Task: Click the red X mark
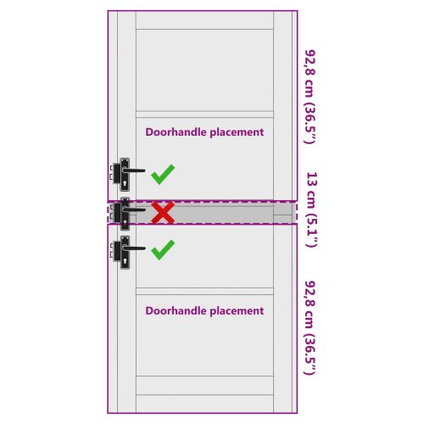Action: pyautogui.click(x=163, y=213)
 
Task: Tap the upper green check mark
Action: pyautogui.click(x=163, y=175)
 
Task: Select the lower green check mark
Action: pyautogui.click(x=163, y=249)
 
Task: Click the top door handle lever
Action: pyautogui.click(x=133, y=170)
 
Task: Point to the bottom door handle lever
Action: pyautogui.click(x=134, y=248)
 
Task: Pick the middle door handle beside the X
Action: pyautogui.click(x=128, y=214)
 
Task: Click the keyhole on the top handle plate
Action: pyautogui.click(x=125, y=183)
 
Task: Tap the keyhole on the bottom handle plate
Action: pyautogui.click(x=125, y=260)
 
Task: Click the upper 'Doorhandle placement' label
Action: pyautogui.click(x=204, y=132)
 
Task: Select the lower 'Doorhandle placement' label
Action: pyautogui.click(x=204, y=311)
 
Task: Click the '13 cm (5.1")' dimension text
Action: pyautogui.click(x=311, y=209)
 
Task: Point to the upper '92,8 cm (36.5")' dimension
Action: pyautogui.click(x=310, y=97)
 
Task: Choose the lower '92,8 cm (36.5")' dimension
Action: pyautogui.click(x=310, y=328)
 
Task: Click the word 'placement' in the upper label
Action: pyautogui.click(x=237, y=132)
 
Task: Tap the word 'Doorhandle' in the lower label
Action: pyautogui.click(x=176, y=310)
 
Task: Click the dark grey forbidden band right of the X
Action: pyautogui.click(x=223, y=213)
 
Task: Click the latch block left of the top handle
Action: pyautogui.click(x=116, y=173)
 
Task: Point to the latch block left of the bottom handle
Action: pyautogui.click(x=116, y=251)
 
